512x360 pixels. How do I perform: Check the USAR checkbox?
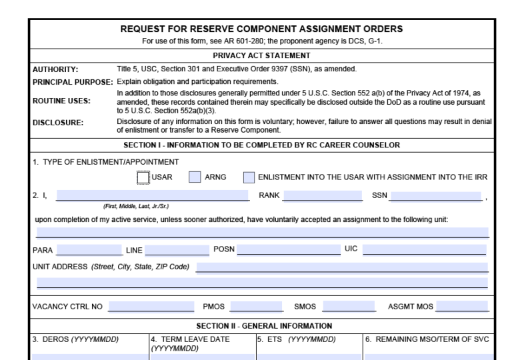[x=143, y=177]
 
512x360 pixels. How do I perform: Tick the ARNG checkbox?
[x=195, y=177]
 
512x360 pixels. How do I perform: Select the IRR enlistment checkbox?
[x=249, y=177]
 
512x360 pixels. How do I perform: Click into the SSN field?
[x=437, y=195]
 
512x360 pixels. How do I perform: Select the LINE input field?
[x=177, y=250]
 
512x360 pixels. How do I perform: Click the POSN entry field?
[x=287, y=250]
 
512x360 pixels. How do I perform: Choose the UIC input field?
[x=424, y=250]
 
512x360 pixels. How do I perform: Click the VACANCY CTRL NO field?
[x=151, y=307]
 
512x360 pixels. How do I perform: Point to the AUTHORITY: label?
[x=55, y=69]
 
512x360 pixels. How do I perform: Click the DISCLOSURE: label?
[x=59, y=123]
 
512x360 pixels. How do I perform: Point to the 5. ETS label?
[x=296, y=339]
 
